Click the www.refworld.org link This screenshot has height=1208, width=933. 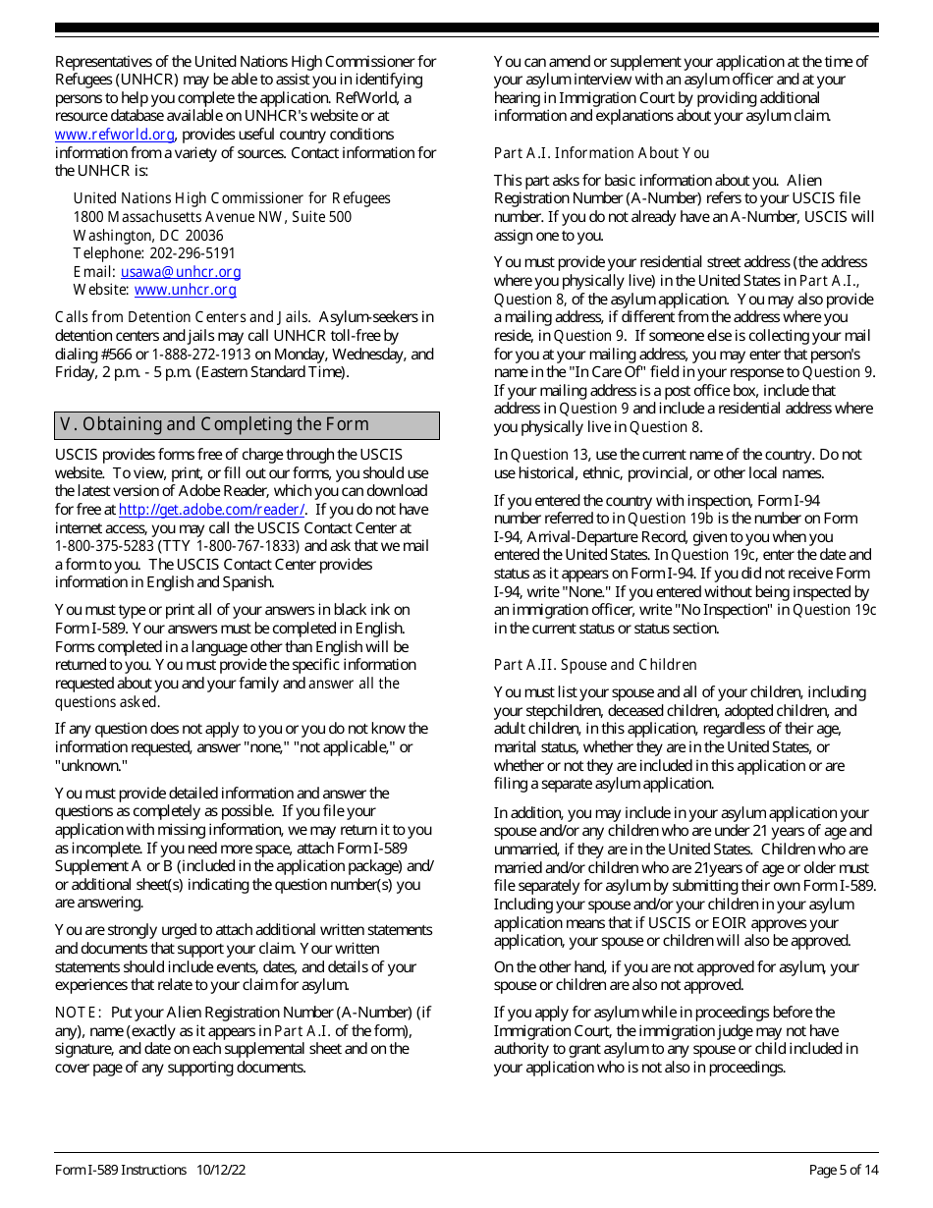point(114,135)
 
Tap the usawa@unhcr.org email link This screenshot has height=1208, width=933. point(180,272)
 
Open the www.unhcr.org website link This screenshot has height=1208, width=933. point(185,290)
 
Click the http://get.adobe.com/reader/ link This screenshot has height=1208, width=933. point(211,510)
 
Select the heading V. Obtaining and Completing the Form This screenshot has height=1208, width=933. point(214,424)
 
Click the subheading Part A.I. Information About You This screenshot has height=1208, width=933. point(601,153)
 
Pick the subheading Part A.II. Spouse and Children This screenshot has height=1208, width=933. point(595,665)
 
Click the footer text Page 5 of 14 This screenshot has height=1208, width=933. point(843,1170)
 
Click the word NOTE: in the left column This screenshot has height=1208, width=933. point(79,1013)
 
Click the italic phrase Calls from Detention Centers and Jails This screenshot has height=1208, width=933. point(182,317)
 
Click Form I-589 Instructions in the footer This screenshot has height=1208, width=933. point(120,1170)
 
